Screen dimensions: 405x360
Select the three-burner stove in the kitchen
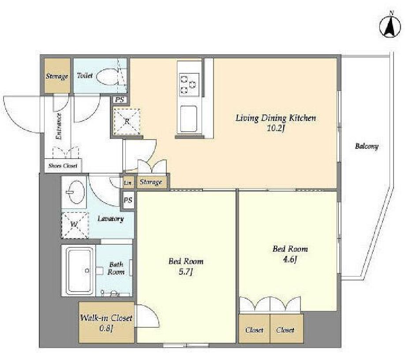tap(189, 84)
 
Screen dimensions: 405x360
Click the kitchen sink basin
tap(188, 118)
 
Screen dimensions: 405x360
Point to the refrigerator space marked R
tap(127, 121)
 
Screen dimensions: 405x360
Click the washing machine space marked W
tap(75, 225)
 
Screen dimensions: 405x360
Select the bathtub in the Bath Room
tap(79, 271)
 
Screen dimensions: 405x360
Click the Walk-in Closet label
tap(106, 318)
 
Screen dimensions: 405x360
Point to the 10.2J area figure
tap(276, 128)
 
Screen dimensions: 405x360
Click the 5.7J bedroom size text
tap(186, 272)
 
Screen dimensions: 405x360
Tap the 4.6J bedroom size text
tap(290, 259)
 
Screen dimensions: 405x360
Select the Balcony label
tap(367, 146)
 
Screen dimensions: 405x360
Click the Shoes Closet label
tap(63, 166)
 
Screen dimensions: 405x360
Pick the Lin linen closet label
tap(127, 183)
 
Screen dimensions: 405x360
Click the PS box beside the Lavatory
tap(128, 200)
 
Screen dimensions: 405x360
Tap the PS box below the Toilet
tap(119, 99)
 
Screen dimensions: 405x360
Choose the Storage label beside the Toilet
tap(57, 76)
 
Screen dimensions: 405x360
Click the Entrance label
tap(59, 126)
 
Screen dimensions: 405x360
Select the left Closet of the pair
tap(255, 330)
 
